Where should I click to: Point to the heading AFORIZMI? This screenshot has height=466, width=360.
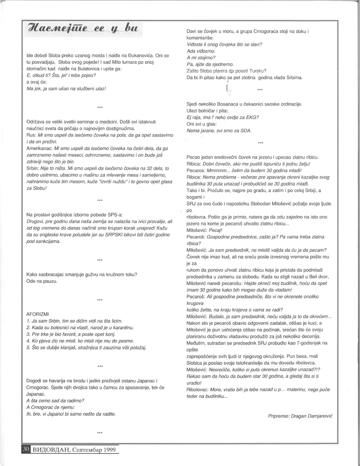click(37, 314)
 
